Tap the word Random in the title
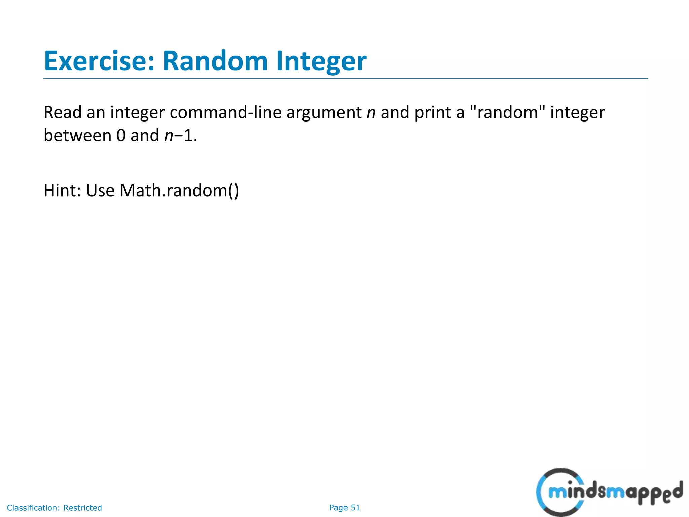pos(215,61)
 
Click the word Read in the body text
pos(63,112)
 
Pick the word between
pos(77,135)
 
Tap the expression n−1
pos(180,136)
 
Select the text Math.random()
pos(179,191)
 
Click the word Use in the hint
pos(100,191)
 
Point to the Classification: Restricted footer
pos(55,508)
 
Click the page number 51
pos(355,508)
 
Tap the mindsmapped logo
pos(609,492)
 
